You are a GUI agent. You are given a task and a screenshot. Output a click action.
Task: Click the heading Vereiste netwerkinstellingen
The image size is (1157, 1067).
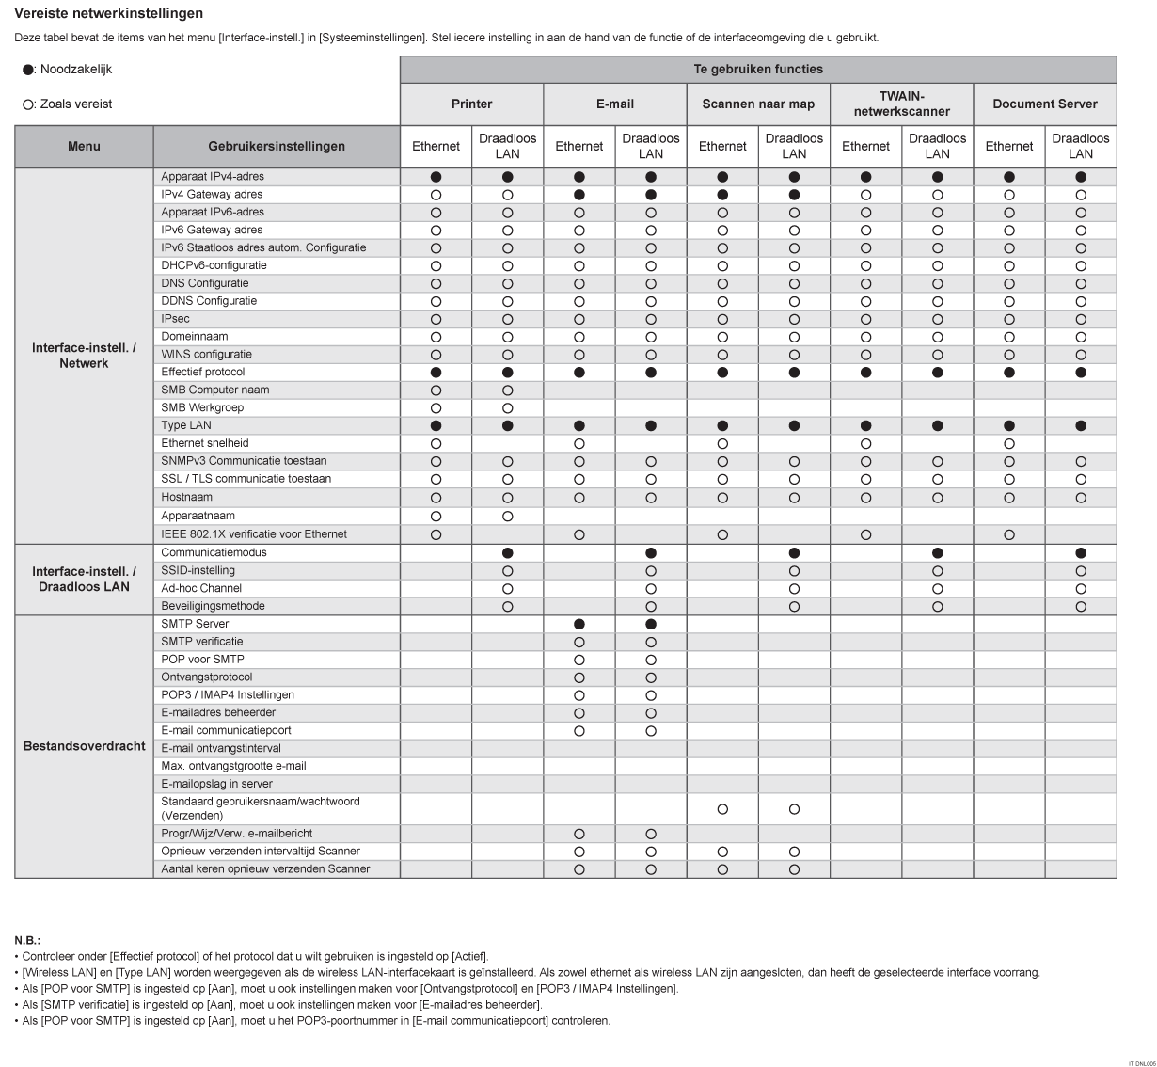click(109, 13)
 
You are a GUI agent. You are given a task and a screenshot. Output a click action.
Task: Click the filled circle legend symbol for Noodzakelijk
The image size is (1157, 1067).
click(28, 70)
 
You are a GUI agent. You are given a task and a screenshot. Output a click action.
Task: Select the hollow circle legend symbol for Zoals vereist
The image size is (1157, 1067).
click(28, 104)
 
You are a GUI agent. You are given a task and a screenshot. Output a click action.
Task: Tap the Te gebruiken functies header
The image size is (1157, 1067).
click(758, 69)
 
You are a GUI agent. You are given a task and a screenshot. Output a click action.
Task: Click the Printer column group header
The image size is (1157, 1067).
click(471, 104)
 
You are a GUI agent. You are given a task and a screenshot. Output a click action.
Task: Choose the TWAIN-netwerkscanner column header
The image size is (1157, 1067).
click(901, 104)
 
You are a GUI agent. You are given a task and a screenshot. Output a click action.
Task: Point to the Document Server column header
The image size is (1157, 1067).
click(1045, 104)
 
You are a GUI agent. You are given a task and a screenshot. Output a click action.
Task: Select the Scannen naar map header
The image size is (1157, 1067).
click(758, 104)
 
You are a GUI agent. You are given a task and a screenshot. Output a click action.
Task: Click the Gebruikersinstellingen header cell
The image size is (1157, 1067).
click(277, 146)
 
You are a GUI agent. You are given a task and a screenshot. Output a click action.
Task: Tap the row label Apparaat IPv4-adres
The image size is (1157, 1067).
click(213, 176)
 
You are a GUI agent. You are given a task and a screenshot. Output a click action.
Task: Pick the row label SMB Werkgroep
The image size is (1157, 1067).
click(202, 407)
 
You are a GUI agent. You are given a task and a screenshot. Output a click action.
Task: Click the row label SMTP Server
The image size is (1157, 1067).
click(195, 624)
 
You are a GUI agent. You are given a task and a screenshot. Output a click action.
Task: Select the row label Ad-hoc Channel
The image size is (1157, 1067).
click(201, 588)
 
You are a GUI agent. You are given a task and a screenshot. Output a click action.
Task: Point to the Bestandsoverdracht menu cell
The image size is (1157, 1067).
click(84, 746)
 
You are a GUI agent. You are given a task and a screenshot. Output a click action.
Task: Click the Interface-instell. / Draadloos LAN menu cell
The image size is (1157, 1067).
click(84, 579)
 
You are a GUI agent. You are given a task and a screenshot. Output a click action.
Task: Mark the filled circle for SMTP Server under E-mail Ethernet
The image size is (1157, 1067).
click(579, 624)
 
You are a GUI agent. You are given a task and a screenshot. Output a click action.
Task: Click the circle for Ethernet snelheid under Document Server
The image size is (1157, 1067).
click(1009, 443)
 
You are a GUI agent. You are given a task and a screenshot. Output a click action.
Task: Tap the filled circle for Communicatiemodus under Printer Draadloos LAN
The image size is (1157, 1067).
click(508, 553)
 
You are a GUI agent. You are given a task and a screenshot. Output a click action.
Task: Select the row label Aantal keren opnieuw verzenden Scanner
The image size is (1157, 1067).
click(265, 868)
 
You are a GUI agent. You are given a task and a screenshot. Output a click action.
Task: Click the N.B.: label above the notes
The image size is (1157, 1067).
click(27, 940)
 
